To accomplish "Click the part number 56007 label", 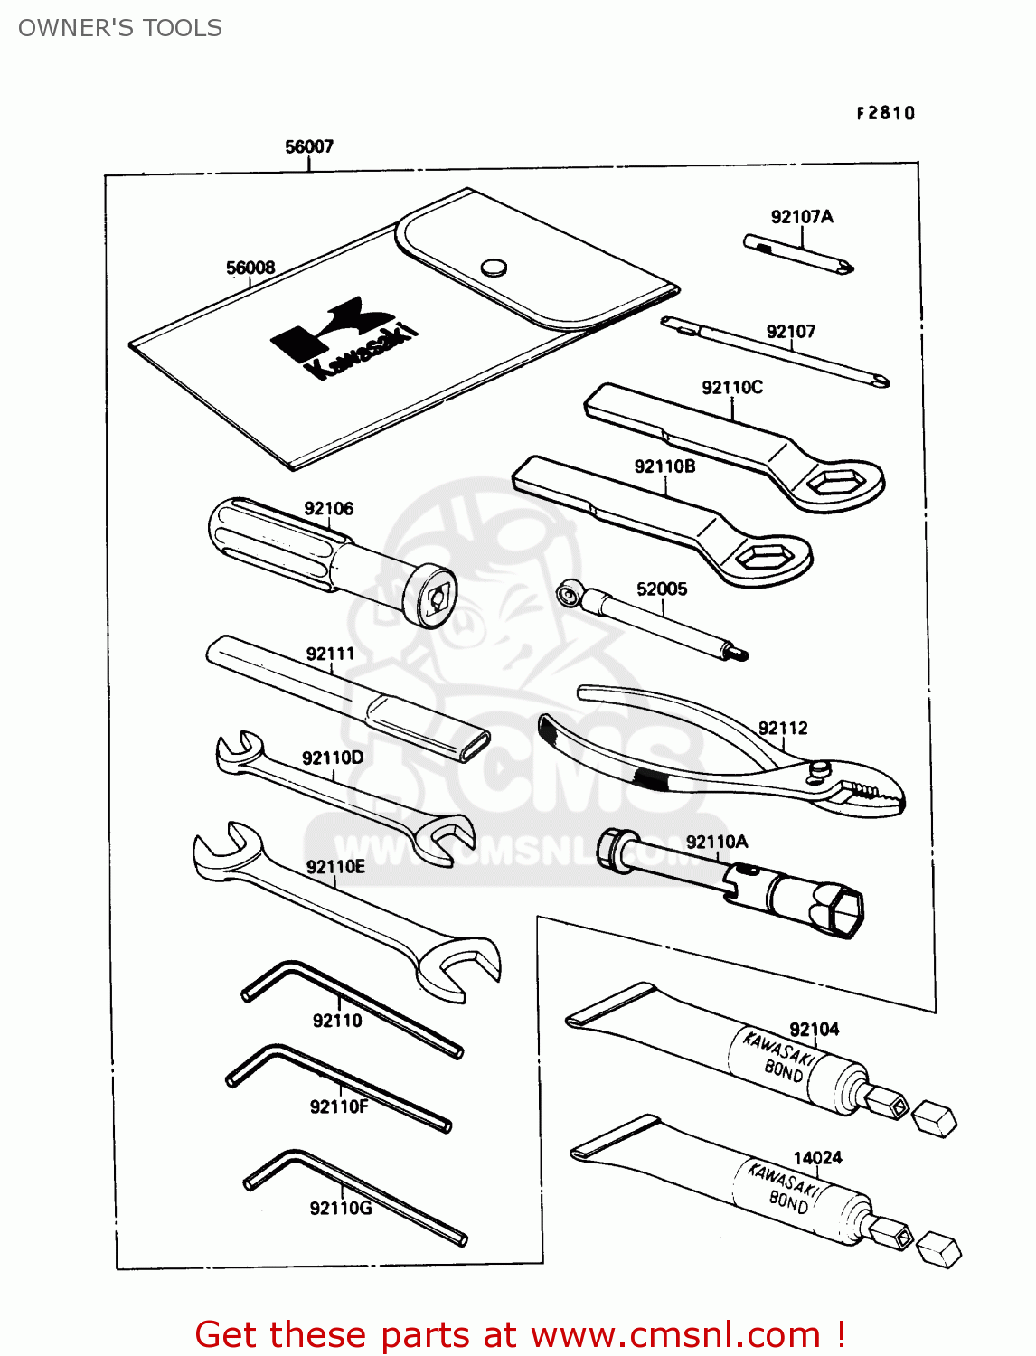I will [309, 146].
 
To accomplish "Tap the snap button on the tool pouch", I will [493, 267].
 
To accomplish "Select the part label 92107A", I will [802, 217].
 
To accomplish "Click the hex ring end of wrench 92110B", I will [762, 558].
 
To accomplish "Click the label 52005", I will [662, 589].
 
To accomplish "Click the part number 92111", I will [330, 654].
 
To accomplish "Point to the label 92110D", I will [333, 758].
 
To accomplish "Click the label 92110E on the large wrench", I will [335, 867].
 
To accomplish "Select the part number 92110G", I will [340, 1209].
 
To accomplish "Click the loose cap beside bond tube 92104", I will [934, 1119].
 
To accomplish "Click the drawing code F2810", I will [886, 113].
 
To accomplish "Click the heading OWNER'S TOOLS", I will [120, 28].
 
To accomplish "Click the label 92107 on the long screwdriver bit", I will [790, 332].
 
